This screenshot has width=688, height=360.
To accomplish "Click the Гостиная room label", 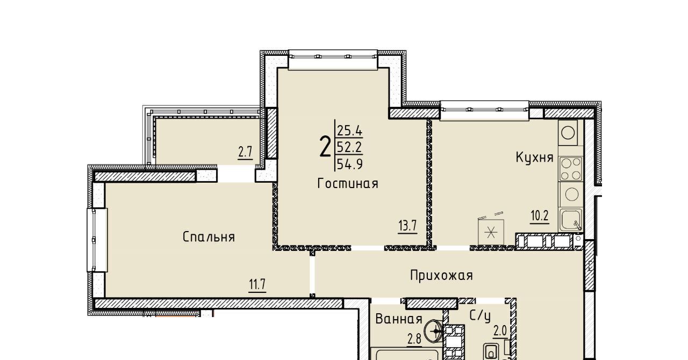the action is (347, 184).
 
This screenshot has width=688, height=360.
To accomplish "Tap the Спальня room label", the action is (209, 237).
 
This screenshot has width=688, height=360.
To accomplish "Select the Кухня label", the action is (534, 157).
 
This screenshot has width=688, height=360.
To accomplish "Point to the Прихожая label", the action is (441, 276).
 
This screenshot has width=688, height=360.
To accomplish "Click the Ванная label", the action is (399, 319).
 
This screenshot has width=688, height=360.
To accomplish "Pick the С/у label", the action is (480, 316).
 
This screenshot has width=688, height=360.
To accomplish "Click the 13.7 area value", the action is (407, 226).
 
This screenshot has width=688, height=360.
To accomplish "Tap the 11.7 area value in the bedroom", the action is (257, 284).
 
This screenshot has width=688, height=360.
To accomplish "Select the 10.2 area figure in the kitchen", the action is (540, 216).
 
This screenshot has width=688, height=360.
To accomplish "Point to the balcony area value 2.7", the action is (245, 152).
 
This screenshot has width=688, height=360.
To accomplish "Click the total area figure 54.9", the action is (350, 164).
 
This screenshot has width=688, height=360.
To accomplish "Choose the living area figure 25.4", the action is (350, 131).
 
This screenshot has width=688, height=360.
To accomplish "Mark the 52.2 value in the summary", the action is (350, 148).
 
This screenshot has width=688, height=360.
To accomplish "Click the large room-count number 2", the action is (325, 147).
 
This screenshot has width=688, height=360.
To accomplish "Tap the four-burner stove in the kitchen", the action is (571, 169).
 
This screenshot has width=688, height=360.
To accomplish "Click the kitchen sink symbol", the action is (571, 220).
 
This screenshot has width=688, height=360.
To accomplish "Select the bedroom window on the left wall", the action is (97, 240).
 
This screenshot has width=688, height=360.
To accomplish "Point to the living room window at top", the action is (333, 60).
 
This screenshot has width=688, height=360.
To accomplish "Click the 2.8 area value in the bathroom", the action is (414, 339).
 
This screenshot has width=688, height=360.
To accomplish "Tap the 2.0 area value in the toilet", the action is (500, 332).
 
